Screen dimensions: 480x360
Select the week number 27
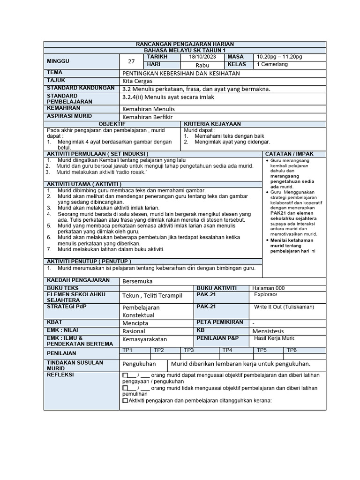tap(131, 61)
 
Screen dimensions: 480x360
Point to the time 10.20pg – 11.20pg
tap(279, 57)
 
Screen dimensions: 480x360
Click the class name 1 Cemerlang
tap(272, 65)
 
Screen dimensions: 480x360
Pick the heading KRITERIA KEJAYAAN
tap(212, 124)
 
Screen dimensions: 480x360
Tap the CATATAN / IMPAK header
tap(289, 154)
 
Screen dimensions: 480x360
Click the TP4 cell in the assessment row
tap(227, 350)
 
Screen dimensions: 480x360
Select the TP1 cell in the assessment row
tap(127, 350)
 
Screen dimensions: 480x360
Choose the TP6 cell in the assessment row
tap(292, 350)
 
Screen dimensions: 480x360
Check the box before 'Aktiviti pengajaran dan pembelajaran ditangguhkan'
tap(125, 401)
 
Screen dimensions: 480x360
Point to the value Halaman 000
tap(268, 288)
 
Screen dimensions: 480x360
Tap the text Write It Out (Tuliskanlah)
tap(284, 307)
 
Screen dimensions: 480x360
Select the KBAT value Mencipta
tap(135, 323)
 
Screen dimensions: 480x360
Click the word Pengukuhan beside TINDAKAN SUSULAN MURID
tap(139, 364)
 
